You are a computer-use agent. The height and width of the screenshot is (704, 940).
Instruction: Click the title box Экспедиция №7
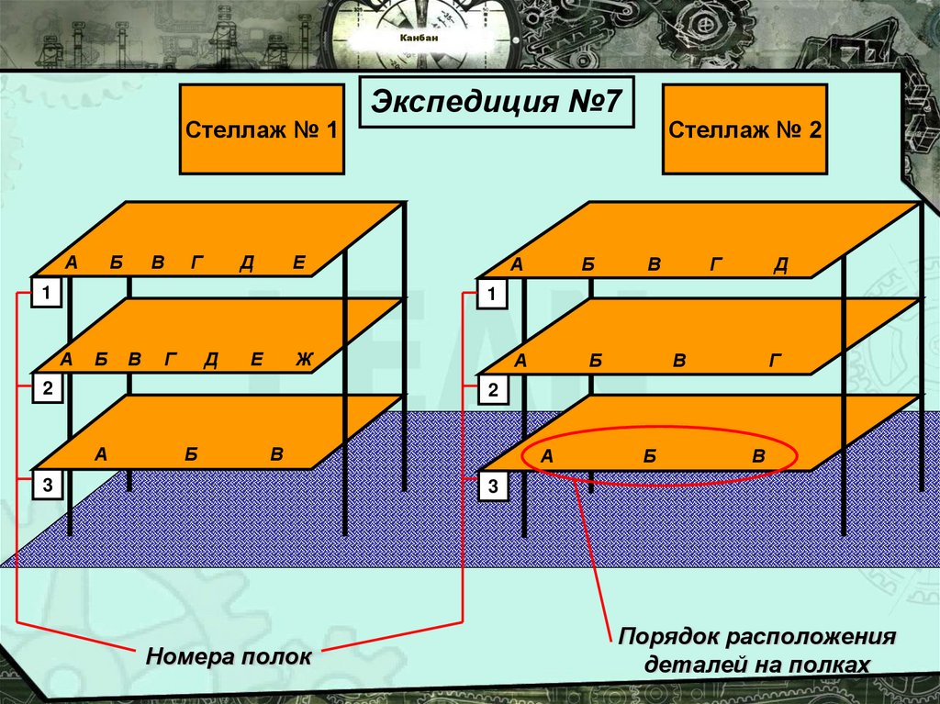[x=496, y=102]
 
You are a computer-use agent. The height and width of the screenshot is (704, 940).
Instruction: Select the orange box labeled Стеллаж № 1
[x=262, y=129]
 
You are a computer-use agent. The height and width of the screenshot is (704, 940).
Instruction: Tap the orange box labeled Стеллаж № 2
[x=744, y=129]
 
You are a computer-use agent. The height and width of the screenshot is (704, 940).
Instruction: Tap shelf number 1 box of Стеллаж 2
[x=493, y=295]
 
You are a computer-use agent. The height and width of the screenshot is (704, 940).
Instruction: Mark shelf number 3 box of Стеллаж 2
[x=493, y=486]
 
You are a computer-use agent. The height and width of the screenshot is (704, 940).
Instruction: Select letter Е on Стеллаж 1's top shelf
[x=298, y=263]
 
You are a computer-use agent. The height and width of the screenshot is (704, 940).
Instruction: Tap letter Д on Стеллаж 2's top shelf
[x=781, y=265]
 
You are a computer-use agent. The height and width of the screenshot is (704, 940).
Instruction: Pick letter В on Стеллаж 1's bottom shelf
[x=275, y=454]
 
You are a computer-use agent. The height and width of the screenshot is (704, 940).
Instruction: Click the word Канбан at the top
[x=419, y=39]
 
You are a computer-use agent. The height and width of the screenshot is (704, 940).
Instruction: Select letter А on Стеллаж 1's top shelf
[x=71, y=263]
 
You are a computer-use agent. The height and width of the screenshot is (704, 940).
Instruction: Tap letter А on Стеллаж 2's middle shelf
[x=520, y=361]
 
